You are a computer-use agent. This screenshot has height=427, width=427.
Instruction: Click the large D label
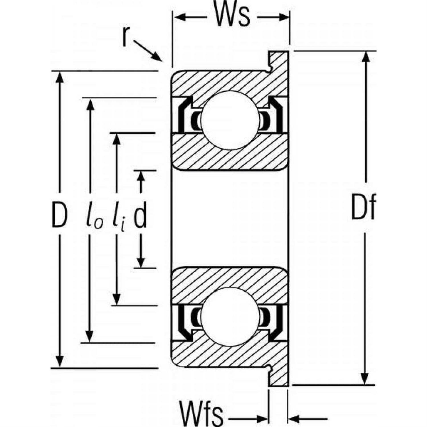tap(59, 215)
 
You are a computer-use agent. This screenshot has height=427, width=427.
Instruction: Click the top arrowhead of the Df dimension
tap(367, 57)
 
